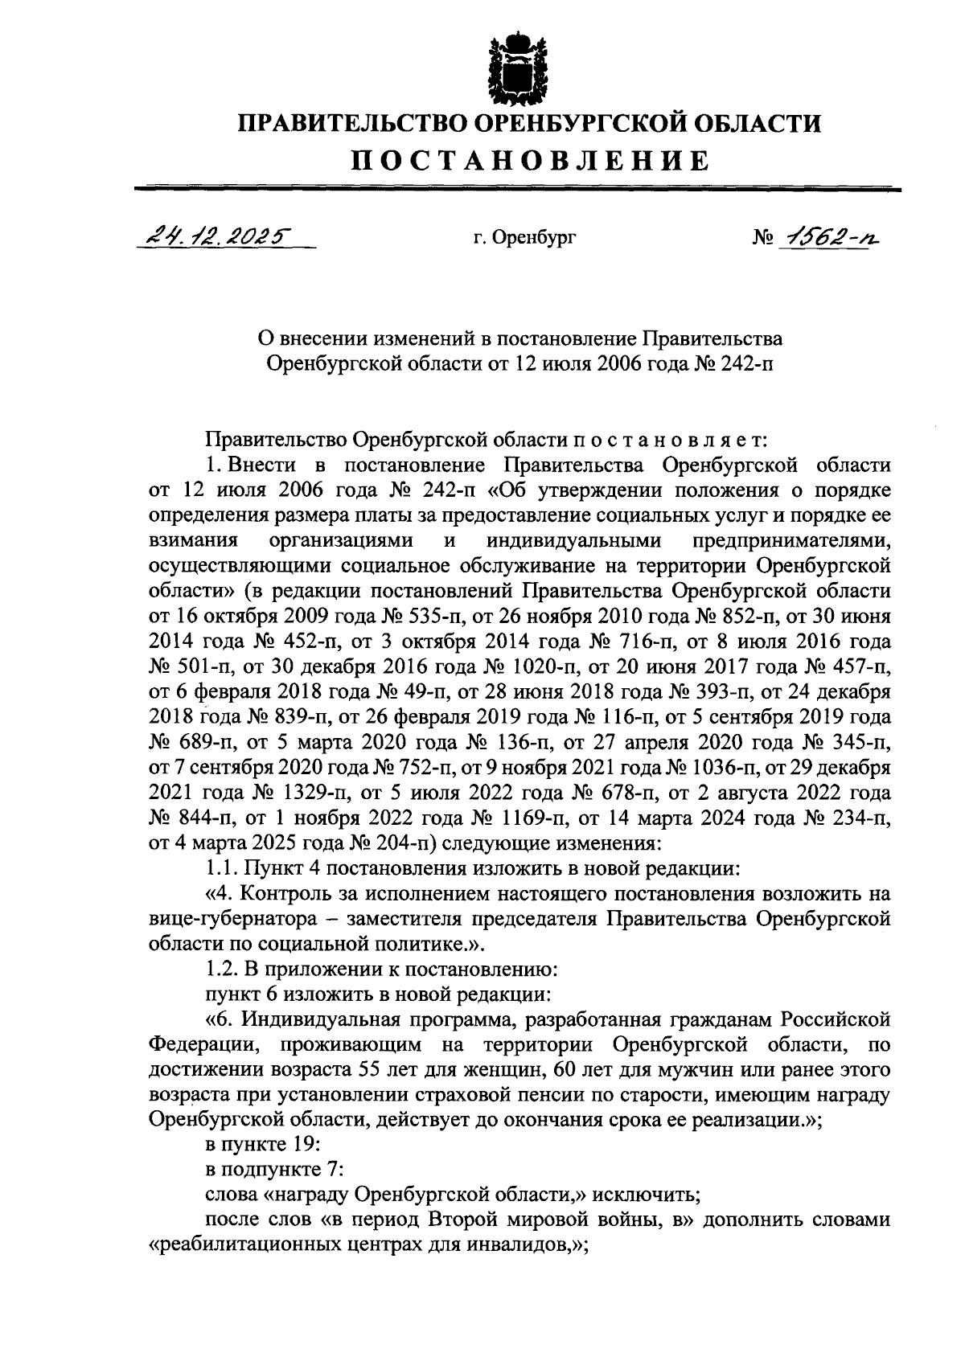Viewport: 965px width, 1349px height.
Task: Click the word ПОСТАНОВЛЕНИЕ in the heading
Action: (532, 161)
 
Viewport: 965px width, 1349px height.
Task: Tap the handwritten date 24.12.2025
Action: (215, 238)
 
